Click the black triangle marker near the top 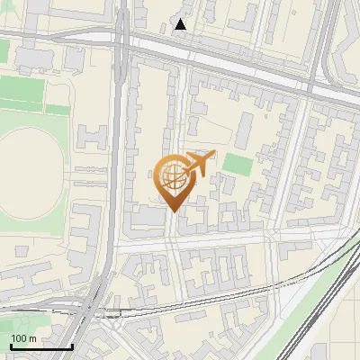pos(181,24)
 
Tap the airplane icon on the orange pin pos(198,164)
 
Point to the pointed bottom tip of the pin pos(173,211)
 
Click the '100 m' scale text pos(23,338)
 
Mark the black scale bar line pos(41,346)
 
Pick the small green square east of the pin pos(237,164)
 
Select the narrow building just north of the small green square pos(243,133)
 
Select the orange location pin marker pos(173,180)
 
